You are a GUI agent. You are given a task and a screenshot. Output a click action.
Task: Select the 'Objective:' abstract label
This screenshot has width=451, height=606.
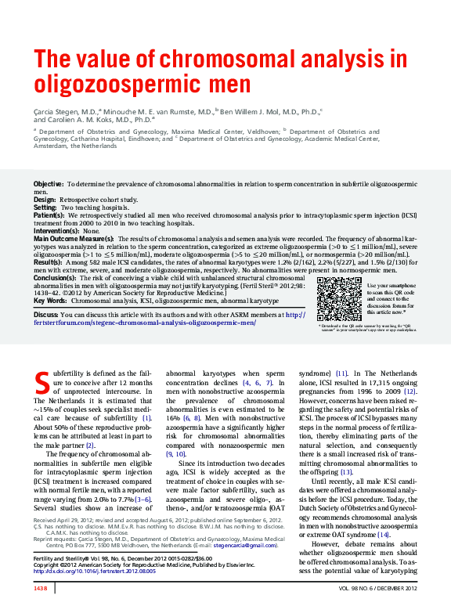point(49,183)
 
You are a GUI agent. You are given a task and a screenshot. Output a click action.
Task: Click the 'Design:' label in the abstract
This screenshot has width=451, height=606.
point(45,200)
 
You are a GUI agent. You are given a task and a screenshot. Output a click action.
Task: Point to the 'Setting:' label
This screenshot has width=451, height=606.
point(45,207)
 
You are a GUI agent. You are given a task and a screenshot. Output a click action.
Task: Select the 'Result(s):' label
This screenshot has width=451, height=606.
point(49,262)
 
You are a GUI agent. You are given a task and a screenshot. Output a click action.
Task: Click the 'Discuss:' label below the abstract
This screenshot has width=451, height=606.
point(46,314)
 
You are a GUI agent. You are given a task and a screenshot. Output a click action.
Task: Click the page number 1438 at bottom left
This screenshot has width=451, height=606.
point(41,587)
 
